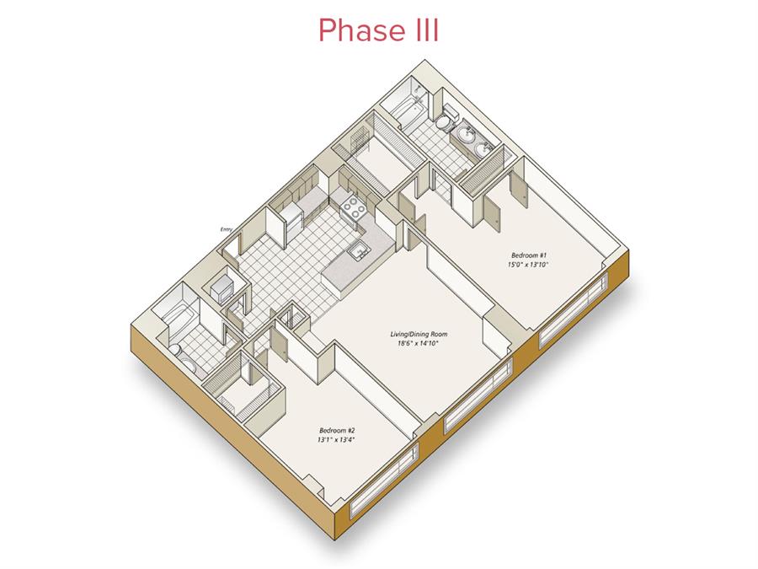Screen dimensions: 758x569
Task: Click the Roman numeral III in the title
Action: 426,30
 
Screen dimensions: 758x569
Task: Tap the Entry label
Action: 227,229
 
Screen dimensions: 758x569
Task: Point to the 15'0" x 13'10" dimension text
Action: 528,265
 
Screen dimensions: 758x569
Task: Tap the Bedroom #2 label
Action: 338,430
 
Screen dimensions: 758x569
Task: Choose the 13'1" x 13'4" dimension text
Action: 338,440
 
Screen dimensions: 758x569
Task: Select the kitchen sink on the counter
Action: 359,251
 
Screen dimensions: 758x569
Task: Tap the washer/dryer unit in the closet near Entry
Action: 222,288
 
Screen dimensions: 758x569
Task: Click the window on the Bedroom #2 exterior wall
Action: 384,485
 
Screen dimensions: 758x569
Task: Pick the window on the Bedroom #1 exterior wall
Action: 574,309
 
